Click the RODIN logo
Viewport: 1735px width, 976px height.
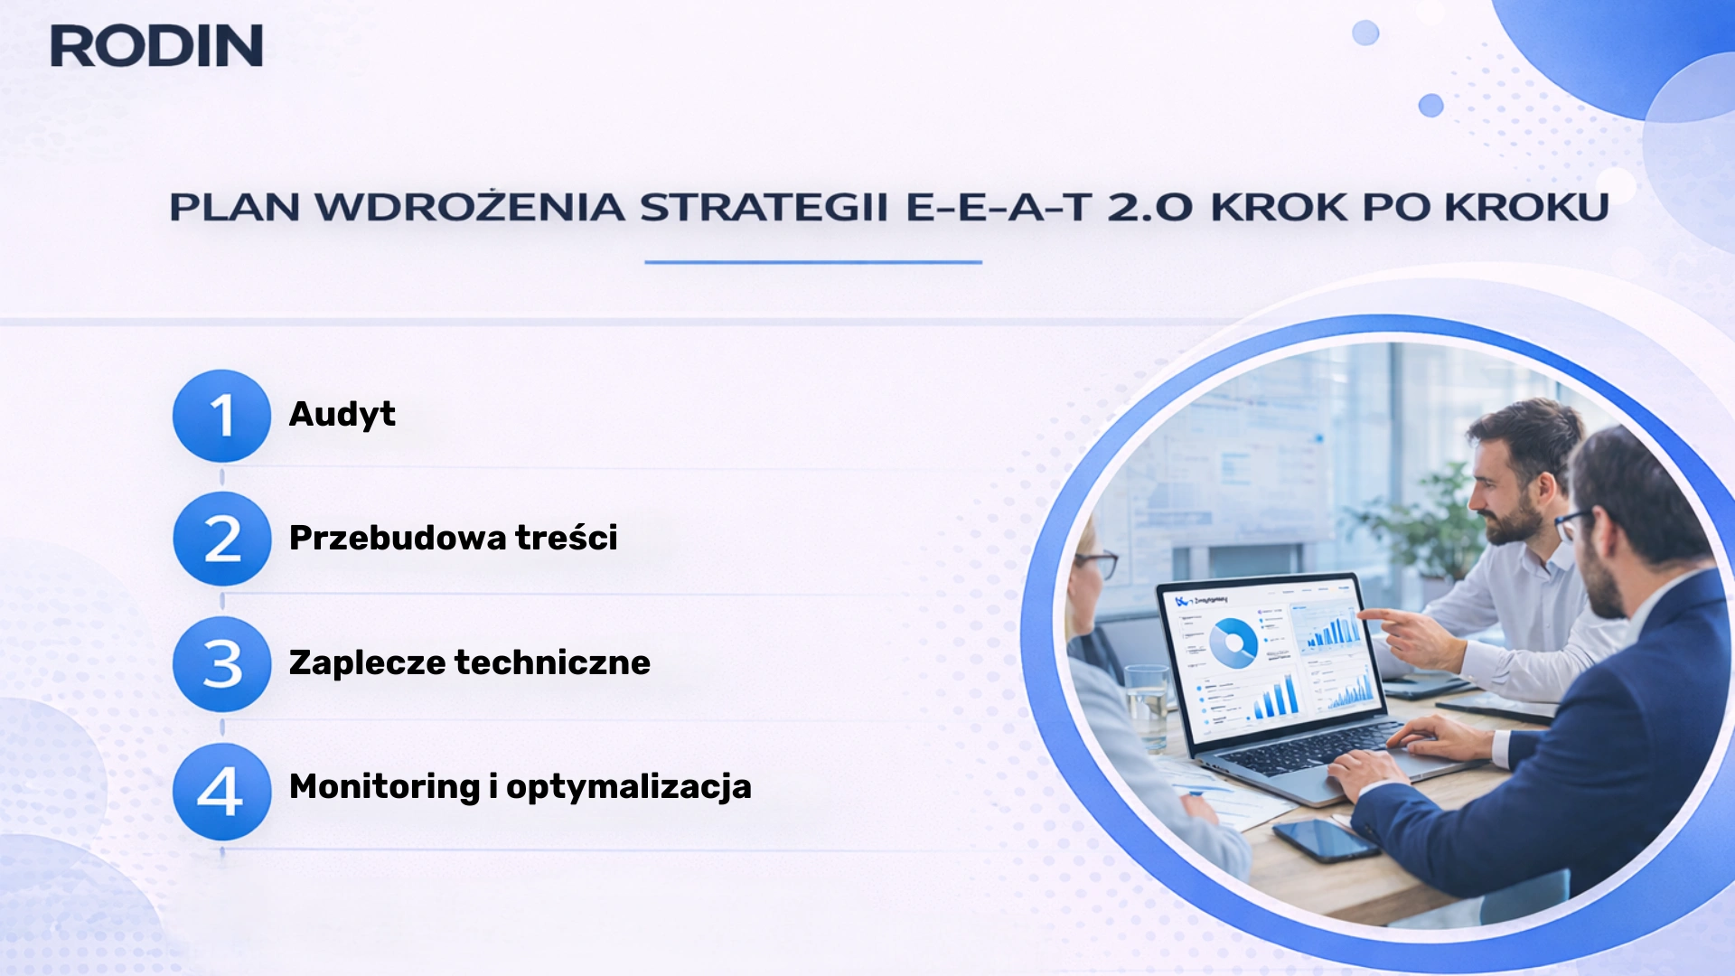tap(156, 46)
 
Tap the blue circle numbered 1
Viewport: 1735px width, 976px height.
tap(221, 416)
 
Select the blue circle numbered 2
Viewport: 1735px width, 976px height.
tap(221, 540)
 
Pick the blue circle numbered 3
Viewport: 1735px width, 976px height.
tap(221, 664)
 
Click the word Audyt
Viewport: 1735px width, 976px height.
tap(342, 415)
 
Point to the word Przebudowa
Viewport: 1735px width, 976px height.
tap(398, 539)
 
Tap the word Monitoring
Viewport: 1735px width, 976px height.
tap(384, 787)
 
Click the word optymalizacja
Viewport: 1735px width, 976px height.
tap(629, 787)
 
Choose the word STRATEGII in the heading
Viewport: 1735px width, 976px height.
tap(764, 208)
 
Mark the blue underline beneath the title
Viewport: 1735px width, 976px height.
tap(812, 262)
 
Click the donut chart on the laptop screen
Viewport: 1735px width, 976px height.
tap(1233, 643)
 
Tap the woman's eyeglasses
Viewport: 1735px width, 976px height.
tap(1096, 562)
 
